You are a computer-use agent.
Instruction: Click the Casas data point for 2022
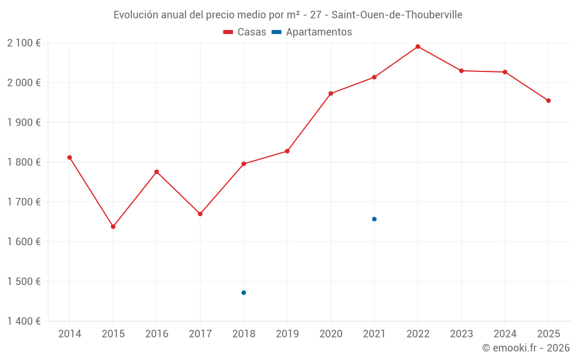pyautogui.click(x=418, y=47)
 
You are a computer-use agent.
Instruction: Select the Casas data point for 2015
pyautogui.click(x=113, y=226)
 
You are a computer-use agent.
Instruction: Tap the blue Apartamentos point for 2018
pyautogui.click(x=244, y=293)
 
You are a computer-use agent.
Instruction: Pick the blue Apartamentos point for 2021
pyautogui.click(x=374, y=219)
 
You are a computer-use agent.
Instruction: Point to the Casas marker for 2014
pyautogui.click(x=70, y=157)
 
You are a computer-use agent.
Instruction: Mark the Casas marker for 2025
pyautogui.click(x=548, y=101)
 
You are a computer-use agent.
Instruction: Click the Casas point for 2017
pyautogui.click(x=200, y=214)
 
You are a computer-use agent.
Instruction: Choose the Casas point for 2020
pyautogui.click(x=331, y=93)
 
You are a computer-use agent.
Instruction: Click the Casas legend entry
pyautogui.click(x=245, y=32)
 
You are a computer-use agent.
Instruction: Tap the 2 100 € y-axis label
pyautogui.click(x=24, y=43)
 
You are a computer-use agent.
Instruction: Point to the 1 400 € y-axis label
pyautogui.click(x=24, y=321)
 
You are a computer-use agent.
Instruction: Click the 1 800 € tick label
pyautogui.click(x=24, y=162)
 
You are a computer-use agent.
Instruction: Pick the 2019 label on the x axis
pyautogui.click(x=287, y=334)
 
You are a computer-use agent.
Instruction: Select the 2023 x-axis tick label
pyautogui.click(x=461, y=334)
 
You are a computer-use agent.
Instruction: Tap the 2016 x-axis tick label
pyautogui.click(x=157, y=334)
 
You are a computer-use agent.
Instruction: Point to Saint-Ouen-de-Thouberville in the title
pyautogui.click(x=397, y=15)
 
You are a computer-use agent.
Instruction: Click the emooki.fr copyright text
pyautogui.click(x=526, y=348)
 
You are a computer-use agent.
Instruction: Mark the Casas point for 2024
pyautogui.click(x=505, y=72)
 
